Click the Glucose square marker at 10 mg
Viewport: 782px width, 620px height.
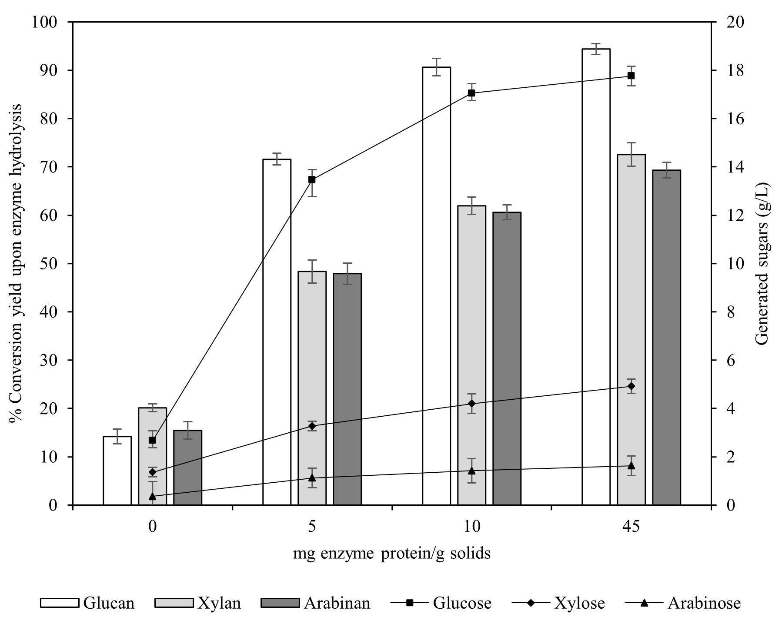coord(471,93)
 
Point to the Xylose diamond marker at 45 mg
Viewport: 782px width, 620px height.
coord(632,386)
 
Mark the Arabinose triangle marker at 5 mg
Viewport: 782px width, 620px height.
coord(312,478)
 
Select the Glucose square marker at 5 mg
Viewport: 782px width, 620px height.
coord(312,179)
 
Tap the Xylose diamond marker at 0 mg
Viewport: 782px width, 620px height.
coord(152,472)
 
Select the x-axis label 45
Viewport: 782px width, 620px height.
coord(631,527)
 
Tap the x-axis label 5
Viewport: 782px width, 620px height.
coord(312,527)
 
